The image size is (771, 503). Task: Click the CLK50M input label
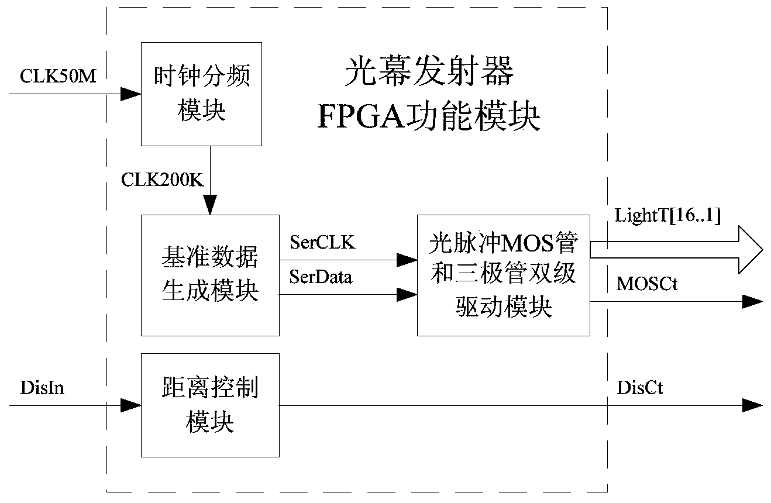pyautogui.click(x=58, y=76)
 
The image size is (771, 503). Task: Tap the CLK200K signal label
pyautogui.click(x=162, y=180)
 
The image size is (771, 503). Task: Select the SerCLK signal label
pyautogui.click(x=322, y=243)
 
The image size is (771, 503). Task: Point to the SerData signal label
pyautogui.click(x=321, y=277)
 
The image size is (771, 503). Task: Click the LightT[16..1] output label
pyautogui.click(x=667, y=215)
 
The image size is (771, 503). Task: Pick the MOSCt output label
pyautogui.click(x=646, y=284)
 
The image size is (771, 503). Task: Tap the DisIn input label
pyautogui.click(x=42, y=388)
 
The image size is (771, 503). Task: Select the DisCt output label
pyautogui.click(x=640, y=388)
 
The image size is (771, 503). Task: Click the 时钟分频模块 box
pyautogui.click(x=201, y=94)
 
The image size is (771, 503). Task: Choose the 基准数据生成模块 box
pyautogui.click(x=210, y=275)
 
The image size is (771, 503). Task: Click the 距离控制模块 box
pyautogui.click(x=210, y=405)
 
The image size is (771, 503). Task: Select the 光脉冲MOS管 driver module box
pyautogui.click(x=503, y=275)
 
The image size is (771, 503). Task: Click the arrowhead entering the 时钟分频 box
pyautogui.click(x=132, y=94)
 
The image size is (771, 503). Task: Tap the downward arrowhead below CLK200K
pyautogui.click(x=209, y=205)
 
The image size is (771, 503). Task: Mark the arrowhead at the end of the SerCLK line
pyautogui.click(x=407, y=259)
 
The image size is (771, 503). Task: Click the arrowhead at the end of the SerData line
pyautogui.click(x=407, y=295)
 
